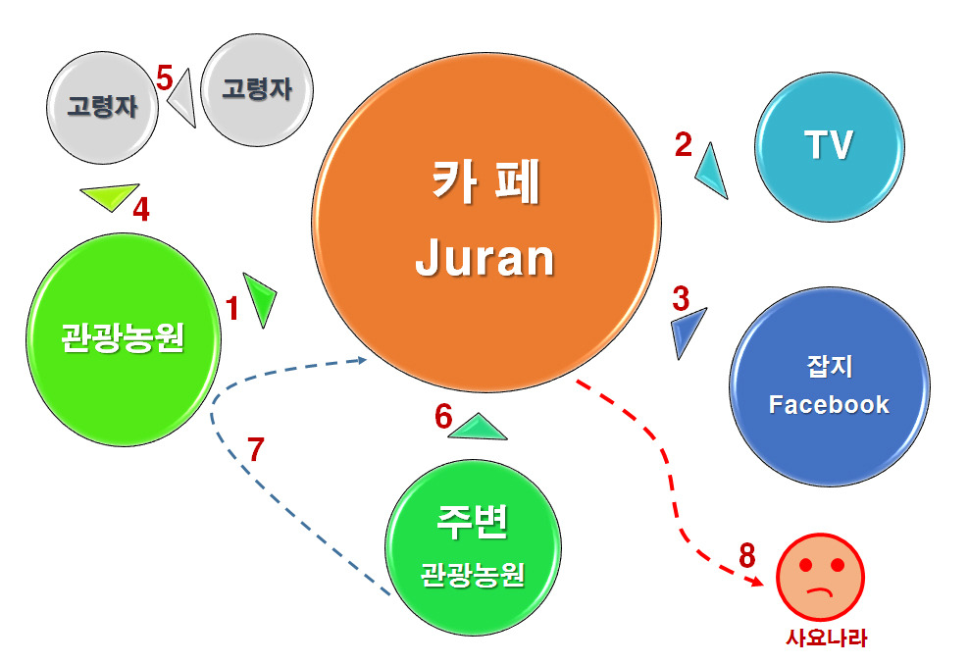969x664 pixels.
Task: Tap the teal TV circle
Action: click(828, 146)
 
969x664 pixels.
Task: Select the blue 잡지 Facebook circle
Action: click(829, 387)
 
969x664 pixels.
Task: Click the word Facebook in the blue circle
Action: click(829, 404)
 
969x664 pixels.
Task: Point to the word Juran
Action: click(485, 259)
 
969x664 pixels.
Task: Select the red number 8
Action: click(748, 555)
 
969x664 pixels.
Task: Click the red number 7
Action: click(255, 450)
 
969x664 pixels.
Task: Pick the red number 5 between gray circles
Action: click(164, 77)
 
